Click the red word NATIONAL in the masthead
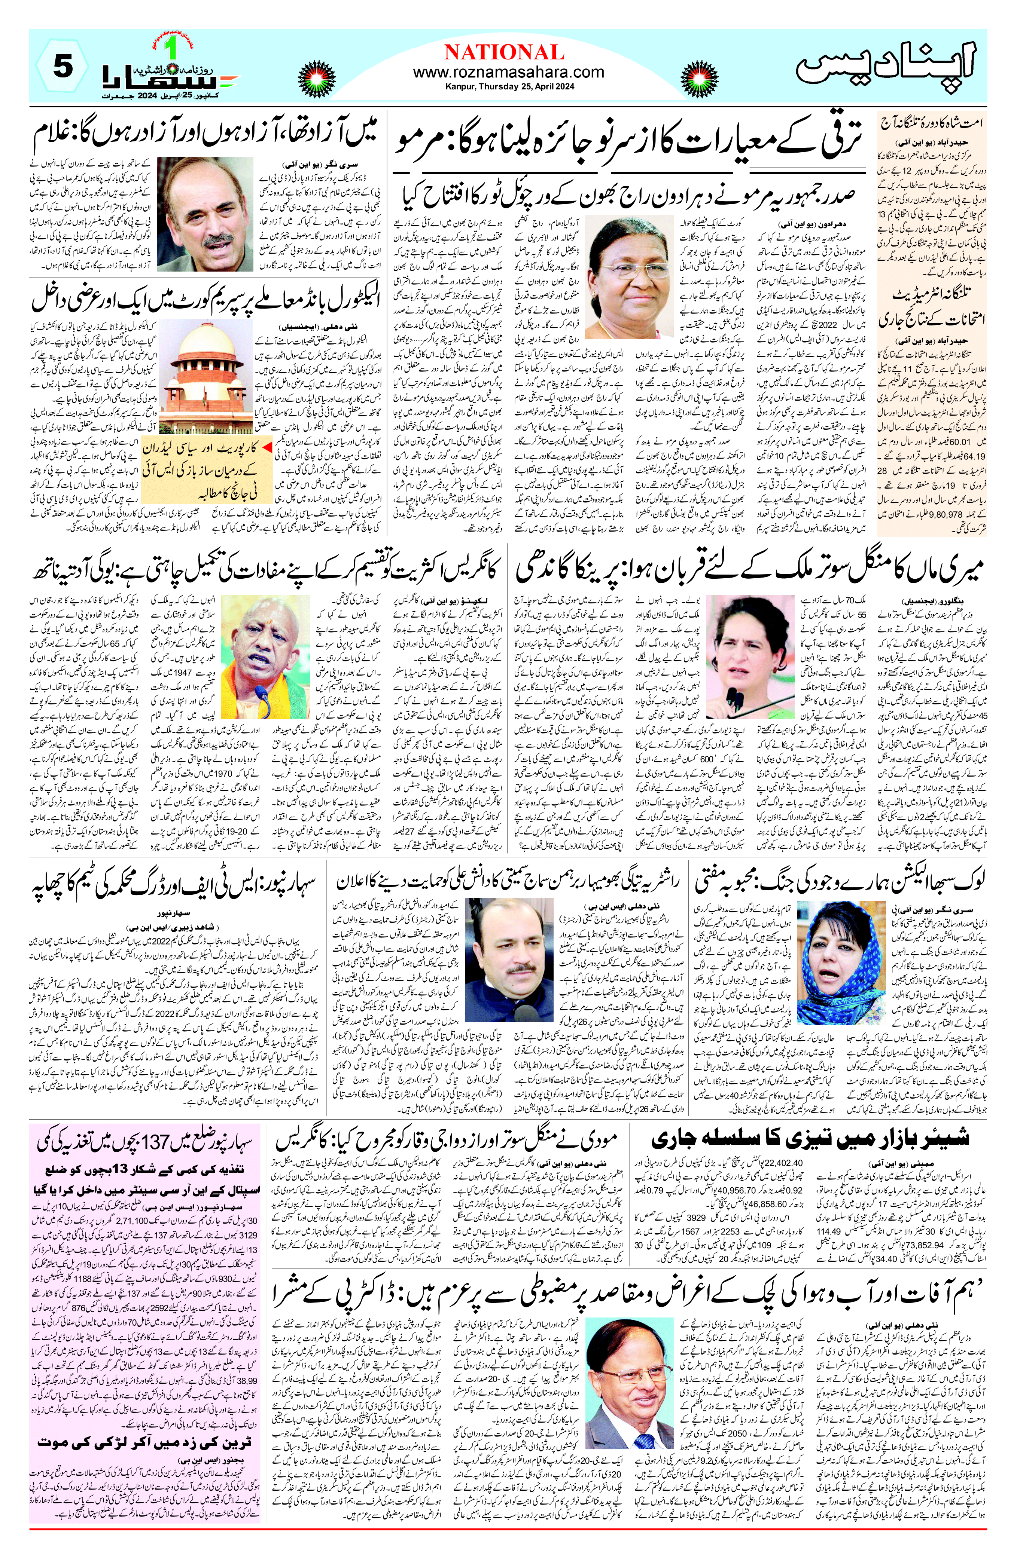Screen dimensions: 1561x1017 [504, 52]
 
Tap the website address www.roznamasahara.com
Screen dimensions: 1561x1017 [508, 72]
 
